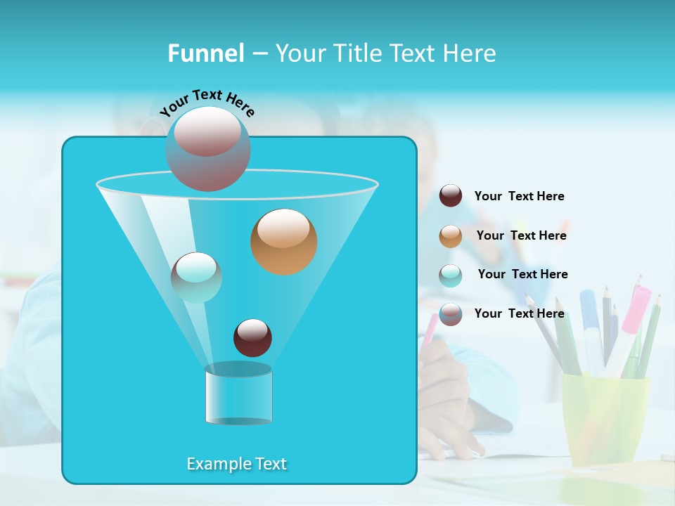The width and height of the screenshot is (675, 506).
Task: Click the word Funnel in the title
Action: coord(205,53)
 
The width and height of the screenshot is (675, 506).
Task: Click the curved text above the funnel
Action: coord(207,102)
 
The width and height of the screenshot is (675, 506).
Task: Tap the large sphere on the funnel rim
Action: coord(208,148)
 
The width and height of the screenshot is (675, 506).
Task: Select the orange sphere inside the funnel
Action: coord(283,241)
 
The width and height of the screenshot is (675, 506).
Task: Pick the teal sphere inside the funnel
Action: coord(196,277)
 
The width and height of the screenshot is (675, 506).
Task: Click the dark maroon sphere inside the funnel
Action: coord(252,337)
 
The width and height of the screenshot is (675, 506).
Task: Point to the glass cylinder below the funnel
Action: coord(238,394)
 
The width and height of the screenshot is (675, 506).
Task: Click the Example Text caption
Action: coord(236,464)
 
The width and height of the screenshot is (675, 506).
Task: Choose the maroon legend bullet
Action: coord(451,196)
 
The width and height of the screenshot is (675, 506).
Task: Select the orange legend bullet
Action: coord(451,236)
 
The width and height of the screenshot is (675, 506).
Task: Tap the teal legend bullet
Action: coord(451,275)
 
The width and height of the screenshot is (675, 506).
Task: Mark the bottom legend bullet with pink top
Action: coord(451,313)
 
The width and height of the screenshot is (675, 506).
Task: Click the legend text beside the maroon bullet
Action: coord(519,196)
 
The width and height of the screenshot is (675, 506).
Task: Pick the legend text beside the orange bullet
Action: coord(521,235)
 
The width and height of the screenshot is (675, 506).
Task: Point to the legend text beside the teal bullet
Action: coord(522,274)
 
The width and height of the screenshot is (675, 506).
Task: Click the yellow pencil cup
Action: coord(604,415)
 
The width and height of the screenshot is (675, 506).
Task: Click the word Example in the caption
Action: coord(216,464)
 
